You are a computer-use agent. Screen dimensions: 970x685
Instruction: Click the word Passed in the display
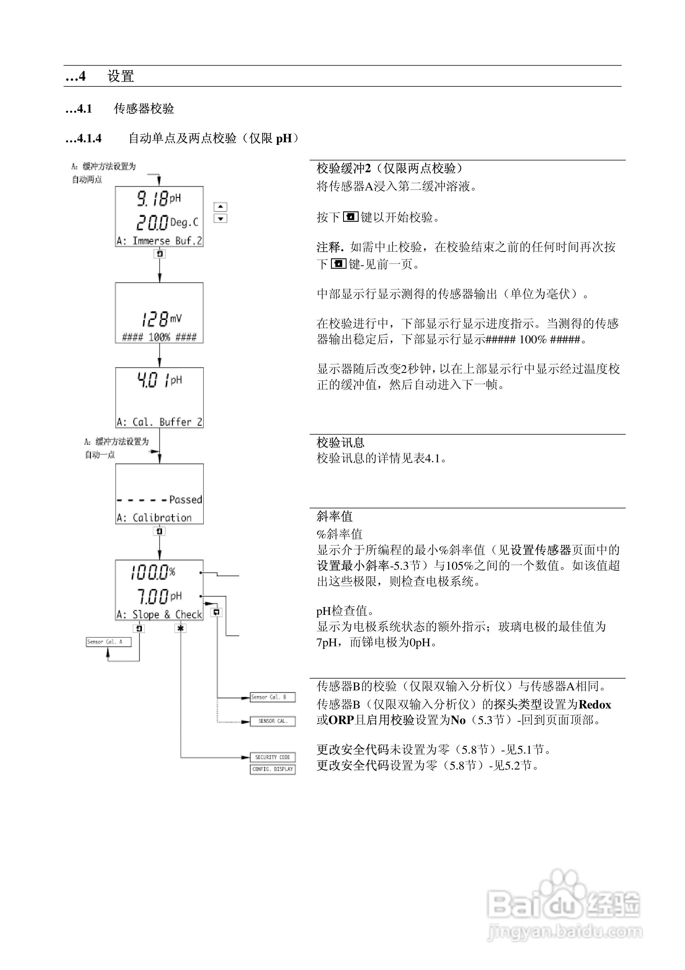185,500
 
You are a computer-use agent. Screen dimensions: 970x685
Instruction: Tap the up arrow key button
220,206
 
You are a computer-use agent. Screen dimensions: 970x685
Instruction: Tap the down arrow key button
220,218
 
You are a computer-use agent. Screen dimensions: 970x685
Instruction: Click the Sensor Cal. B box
272,697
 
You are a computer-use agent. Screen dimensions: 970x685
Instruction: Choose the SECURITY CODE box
272,757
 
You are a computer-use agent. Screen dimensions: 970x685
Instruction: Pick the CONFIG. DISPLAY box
272,769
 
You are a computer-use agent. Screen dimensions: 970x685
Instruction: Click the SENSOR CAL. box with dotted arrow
272,721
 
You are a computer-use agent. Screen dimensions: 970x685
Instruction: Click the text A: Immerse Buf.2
159,241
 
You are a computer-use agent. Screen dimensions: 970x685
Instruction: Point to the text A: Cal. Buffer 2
159,422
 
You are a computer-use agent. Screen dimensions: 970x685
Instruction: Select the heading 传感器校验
144,109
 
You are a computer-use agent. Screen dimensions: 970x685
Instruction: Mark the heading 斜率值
334,516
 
